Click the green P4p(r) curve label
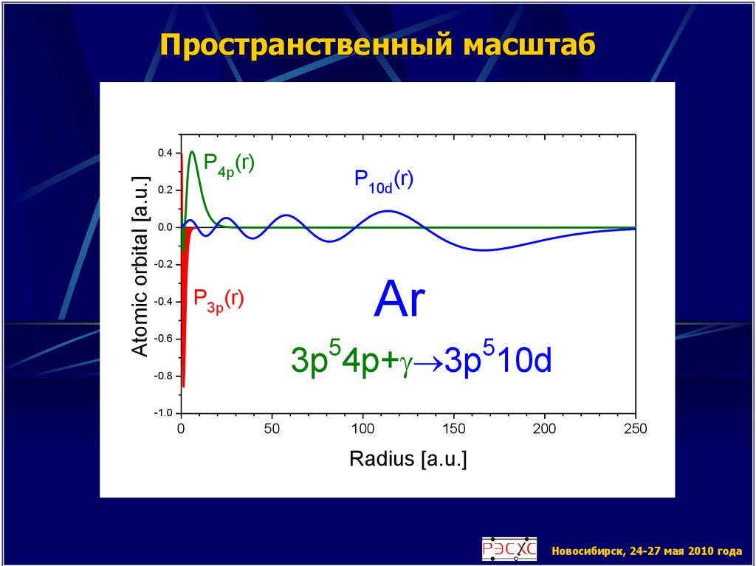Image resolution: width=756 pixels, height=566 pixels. (229, 162)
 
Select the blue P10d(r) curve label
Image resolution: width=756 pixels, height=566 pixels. (383, 180)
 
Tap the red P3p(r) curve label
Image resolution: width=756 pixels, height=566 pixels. (219, 298)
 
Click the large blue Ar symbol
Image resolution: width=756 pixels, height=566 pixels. (399, 301)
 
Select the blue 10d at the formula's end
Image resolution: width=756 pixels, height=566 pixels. (525, 362)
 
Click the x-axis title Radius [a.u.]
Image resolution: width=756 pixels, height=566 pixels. (408, 459)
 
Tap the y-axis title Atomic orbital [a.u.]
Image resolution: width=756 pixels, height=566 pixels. (140, 267)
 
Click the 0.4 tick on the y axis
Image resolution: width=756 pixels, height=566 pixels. (164, 153)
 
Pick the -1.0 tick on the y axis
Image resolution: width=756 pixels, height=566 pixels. (162, 413)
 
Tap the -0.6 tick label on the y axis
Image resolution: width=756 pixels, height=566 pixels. (162, 339)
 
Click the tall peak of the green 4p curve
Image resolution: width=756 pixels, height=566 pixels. (192, 152)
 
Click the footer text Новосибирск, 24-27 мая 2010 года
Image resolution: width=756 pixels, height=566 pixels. (646, 551)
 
